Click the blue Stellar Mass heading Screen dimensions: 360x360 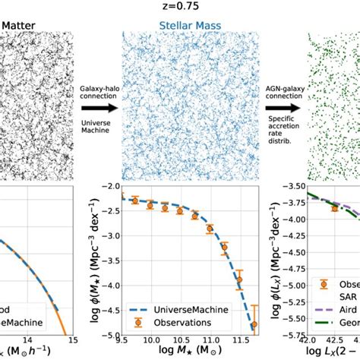coord(179,30)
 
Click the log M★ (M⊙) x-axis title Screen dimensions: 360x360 coord(185,354)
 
